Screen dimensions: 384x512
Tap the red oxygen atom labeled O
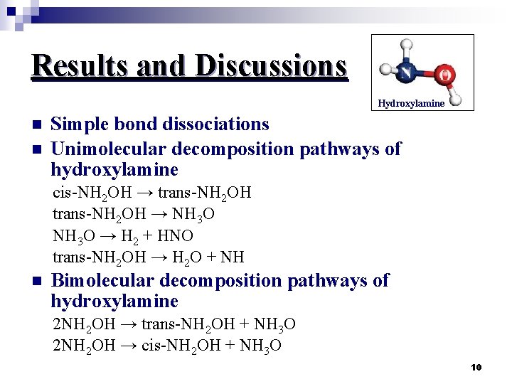click(445, 75)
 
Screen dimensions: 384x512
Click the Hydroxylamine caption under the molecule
click(411, 103)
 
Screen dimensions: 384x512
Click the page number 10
click(476, 367)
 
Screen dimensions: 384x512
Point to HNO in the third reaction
click(177, 235)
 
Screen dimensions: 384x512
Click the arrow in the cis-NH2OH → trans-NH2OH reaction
click(147, 193)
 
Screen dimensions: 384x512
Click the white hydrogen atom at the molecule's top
click(406, 45)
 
